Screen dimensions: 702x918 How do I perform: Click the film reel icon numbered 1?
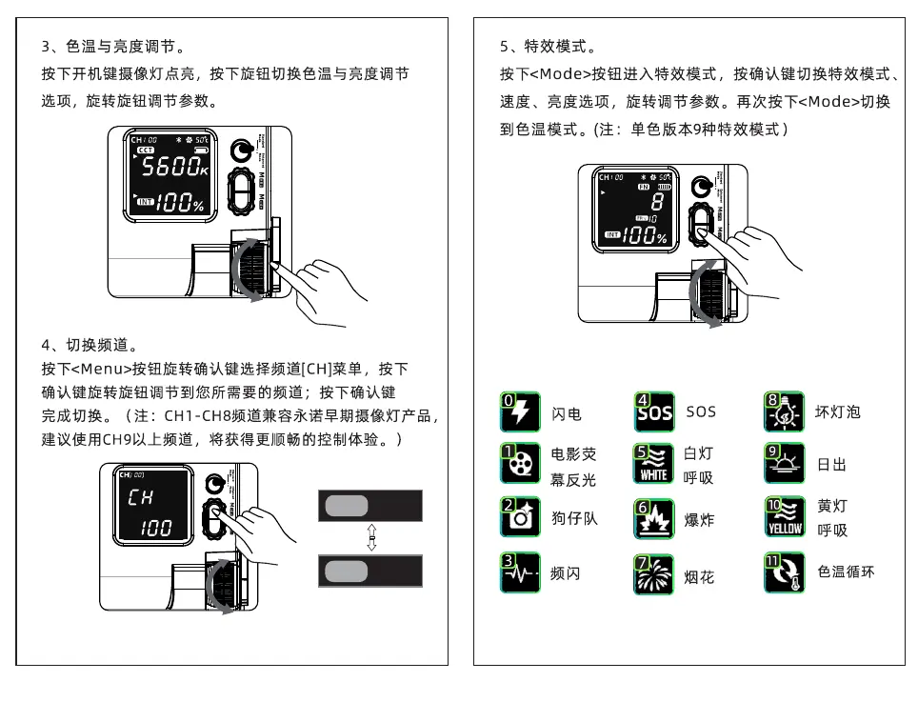(518, 463)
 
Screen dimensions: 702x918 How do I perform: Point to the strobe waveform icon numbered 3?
(518, 572)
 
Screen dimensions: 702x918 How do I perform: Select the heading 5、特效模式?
(548, 47)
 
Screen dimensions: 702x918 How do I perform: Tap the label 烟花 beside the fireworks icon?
(699, 577)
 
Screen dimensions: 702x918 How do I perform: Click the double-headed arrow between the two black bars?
(371, 536)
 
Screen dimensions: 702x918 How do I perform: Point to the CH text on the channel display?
(140, 498)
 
